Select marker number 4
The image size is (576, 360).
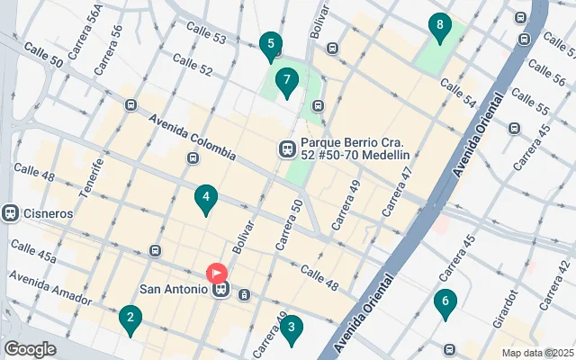point(206,199)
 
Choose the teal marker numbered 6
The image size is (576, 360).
point(444,303)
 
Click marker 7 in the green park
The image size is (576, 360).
point(286,83)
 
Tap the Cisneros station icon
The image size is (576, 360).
point(11,213)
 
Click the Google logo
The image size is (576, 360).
point(30,349)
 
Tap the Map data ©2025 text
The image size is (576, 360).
point(536,352)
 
